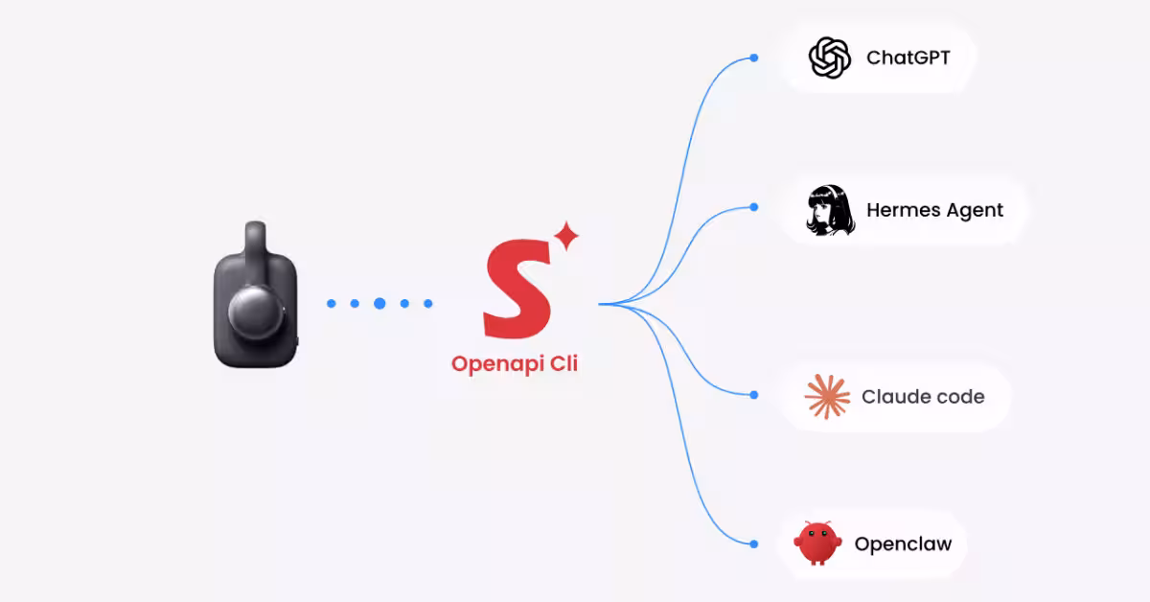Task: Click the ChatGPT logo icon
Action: (830, 58)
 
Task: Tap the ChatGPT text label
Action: (908, 58)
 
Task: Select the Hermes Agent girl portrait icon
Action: (830, 210)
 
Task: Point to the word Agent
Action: (975, 211)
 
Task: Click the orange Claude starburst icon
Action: (827, 397)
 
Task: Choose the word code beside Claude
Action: (959, 397)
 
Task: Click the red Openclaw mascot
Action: (817, 543)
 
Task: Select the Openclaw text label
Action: (903, 544)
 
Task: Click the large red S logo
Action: (517, 289)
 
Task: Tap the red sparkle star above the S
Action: (566, 236)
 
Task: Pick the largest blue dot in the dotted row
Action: (379, 304)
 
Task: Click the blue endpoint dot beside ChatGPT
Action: (753, 58)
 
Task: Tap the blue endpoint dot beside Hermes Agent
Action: (753, 207)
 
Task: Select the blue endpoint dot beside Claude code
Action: (753, 395)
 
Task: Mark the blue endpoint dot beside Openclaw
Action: (753, 544)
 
